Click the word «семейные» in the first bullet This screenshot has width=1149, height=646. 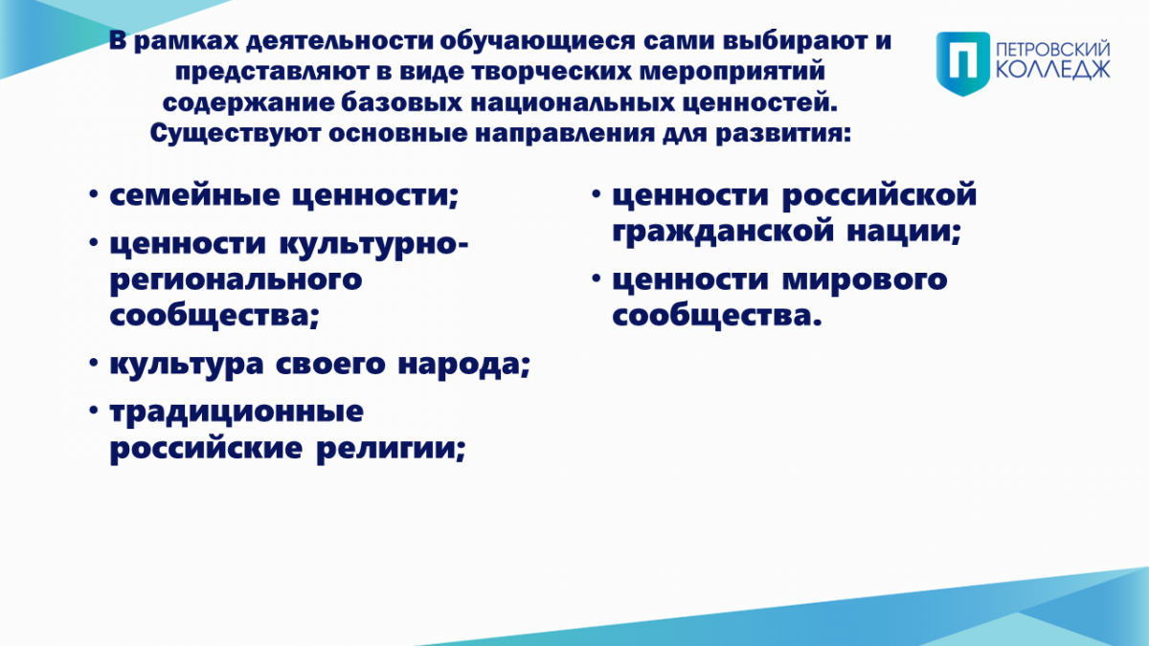195,195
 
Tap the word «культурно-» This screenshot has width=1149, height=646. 374,245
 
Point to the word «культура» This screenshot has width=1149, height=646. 187,365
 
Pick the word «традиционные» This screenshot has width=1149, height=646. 237,412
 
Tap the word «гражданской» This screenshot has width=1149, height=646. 723,232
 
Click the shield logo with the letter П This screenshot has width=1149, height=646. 963,63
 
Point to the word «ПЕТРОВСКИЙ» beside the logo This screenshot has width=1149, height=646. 1053,51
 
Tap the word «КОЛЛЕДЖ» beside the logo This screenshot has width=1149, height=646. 1053,70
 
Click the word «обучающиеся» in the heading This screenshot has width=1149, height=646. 537,41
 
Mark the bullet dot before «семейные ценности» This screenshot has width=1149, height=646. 93,194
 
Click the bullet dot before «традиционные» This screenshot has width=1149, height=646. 93,411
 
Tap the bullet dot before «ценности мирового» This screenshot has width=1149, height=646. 596,278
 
